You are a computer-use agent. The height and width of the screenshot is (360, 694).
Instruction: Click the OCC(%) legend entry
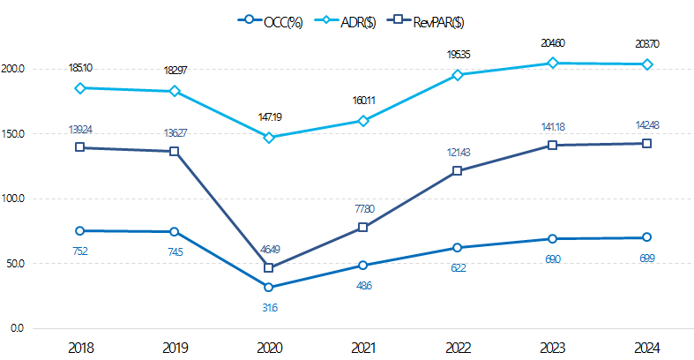271,22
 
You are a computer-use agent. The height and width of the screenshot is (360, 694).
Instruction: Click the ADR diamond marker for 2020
269,138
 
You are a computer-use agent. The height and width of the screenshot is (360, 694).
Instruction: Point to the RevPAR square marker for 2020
269,267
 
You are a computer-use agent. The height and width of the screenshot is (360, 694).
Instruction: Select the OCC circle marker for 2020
269,288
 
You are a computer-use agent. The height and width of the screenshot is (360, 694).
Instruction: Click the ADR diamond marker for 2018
80,88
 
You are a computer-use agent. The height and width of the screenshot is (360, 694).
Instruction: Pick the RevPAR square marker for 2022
458,171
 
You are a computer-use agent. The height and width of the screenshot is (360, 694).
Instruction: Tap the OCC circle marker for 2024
647,237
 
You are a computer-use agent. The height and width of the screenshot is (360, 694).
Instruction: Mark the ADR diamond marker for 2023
553,63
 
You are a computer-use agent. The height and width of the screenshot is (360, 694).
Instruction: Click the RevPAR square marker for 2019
175,152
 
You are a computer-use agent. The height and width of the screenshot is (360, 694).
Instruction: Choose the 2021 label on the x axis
363,348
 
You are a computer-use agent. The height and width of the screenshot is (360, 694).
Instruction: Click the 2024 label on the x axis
647,348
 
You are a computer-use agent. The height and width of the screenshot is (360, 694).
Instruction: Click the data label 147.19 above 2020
269,116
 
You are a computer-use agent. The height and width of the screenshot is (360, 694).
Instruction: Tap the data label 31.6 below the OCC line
269,307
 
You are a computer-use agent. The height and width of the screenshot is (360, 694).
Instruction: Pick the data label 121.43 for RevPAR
458,153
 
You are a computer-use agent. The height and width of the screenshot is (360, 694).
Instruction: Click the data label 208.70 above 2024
647,42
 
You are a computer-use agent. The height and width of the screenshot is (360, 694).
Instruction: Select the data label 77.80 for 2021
363,208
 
